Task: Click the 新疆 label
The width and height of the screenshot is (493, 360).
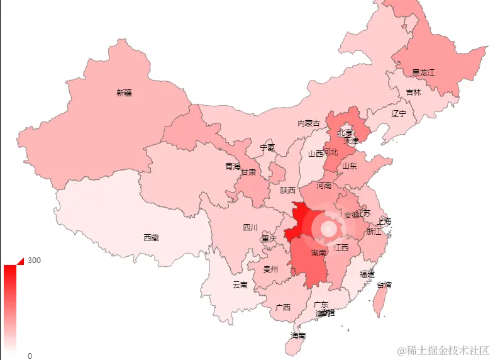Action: [125, 93]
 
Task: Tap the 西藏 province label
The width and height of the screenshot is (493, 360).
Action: [151, 238]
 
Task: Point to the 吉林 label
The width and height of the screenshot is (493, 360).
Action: [413, 92]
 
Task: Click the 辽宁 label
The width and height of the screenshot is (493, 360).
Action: [399, 114]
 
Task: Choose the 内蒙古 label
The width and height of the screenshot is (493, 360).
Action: [309, 123]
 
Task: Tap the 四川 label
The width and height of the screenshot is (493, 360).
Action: [250, 227]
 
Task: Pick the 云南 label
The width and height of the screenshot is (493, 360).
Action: [240, 284]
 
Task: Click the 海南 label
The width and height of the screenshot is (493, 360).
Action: [298, 336]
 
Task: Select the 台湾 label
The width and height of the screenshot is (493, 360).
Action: [384, 284]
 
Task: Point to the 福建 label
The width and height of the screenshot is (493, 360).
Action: [367, 274]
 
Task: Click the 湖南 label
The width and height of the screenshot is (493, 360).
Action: [319, 253]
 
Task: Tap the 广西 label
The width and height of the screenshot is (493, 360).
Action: [283, 307]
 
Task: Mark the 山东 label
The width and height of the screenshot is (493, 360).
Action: [350, 166]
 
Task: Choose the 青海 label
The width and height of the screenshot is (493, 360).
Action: [233, 166]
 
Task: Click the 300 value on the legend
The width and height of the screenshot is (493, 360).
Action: [34, 261]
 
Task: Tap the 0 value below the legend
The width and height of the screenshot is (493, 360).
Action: [30, 356]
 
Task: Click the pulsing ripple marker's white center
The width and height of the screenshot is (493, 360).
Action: [327, 228]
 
